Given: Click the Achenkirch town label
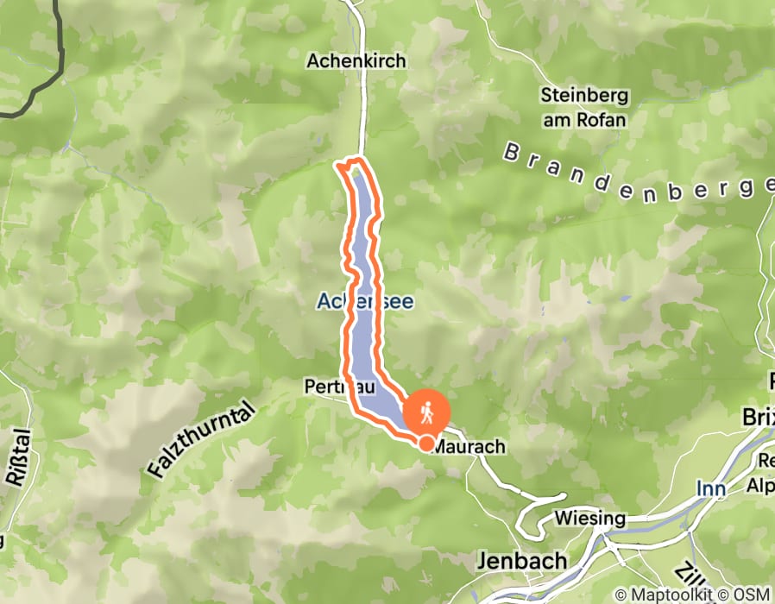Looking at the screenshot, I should pyautogui.click(x=356, y=61).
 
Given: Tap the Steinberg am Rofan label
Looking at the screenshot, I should pyautogui.click(x=583, y=107).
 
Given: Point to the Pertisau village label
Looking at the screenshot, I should pyautogui.click(x=331, y=388).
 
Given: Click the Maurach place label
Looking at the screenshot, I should pyautogui.click(x=467, y=448).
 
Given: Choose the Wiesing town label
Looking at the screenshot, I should pyautogui.click(x=590, y=519).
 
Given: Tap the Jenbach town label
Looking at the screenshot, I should pyautogui.click(x=522, y=562).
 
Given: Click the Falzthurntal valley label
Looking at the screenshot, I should pyautogui.click(x=201, y=440).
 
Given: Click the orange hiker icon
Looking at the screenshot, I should pyautogui.click(x=426, y=414).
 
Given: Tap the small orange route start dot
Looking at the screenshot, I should pyautogui.click(x=426, y=443).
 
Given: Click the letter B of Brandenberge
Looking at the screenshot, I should pyautogui.click(x=513, y=153).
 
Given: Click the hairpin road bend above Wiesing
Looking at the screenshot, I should pyautogui.click(x=561, y=498).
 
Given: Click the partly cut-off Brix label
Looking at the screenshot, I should pyautogui.click(x=758, y=418).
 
